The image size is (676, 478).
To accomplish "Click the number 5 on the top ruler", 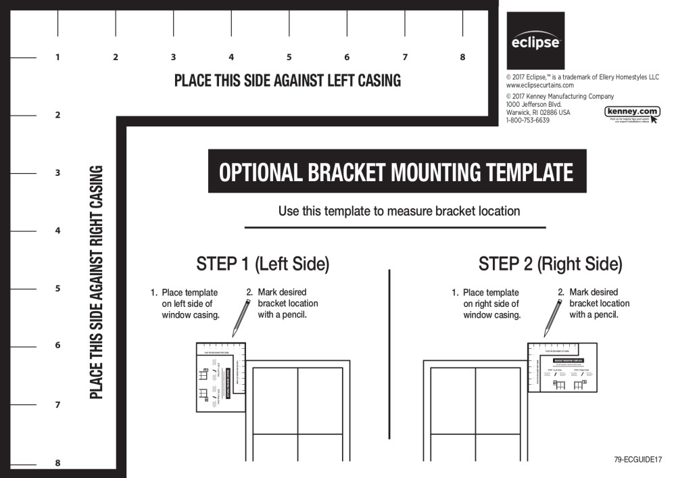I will [289, 57].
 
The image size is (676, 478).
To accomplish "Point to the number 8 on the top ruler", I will [463, 57].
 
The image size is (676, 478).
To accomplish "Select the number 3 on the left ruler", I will [57, 173].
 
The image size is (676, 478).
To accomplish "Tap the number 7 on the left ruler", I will [57, 405].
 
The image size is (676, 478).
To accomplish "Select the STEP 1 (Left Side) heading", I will [262, 264].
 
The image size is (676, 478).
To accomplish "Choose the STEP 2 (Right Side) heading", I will [550, 264].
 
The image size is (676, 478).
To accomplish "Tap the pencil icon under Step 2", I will [553, 317].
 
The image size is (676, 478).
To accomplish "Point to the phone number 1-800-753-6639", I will [528, 120].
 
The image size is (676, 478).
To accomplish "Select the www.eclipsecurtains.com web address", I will [540, 85].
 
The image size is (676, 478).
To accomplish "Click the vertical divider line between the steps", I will [389, 354].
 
